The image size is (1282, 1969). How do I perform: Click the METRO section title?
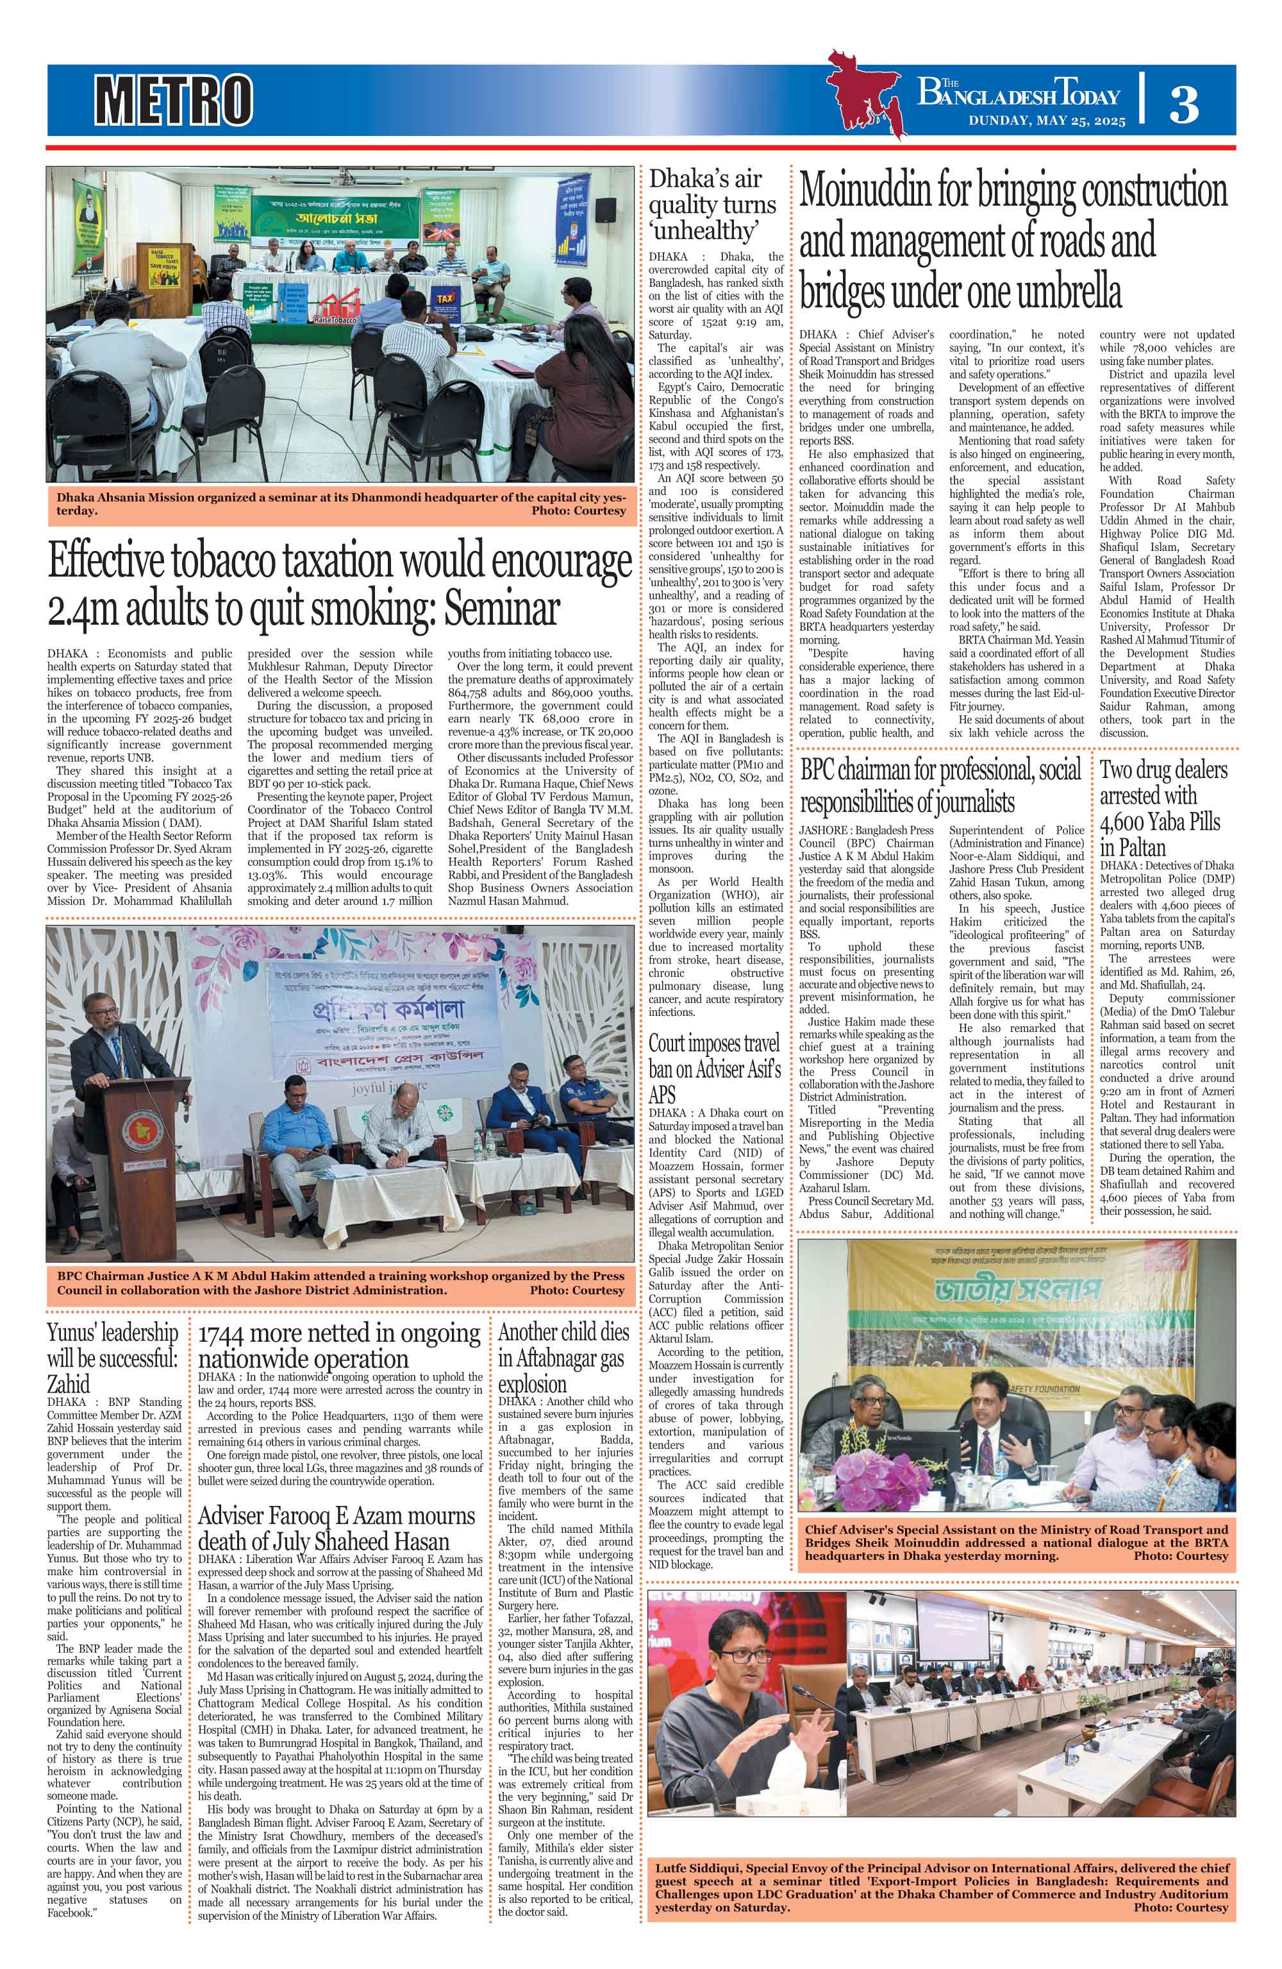(173, 99)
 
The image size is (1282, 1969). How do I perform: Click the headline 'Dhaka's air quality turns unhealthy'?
(712, 203)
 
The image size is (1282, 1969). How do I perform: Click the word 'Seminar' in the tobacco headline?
(501, 611)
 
